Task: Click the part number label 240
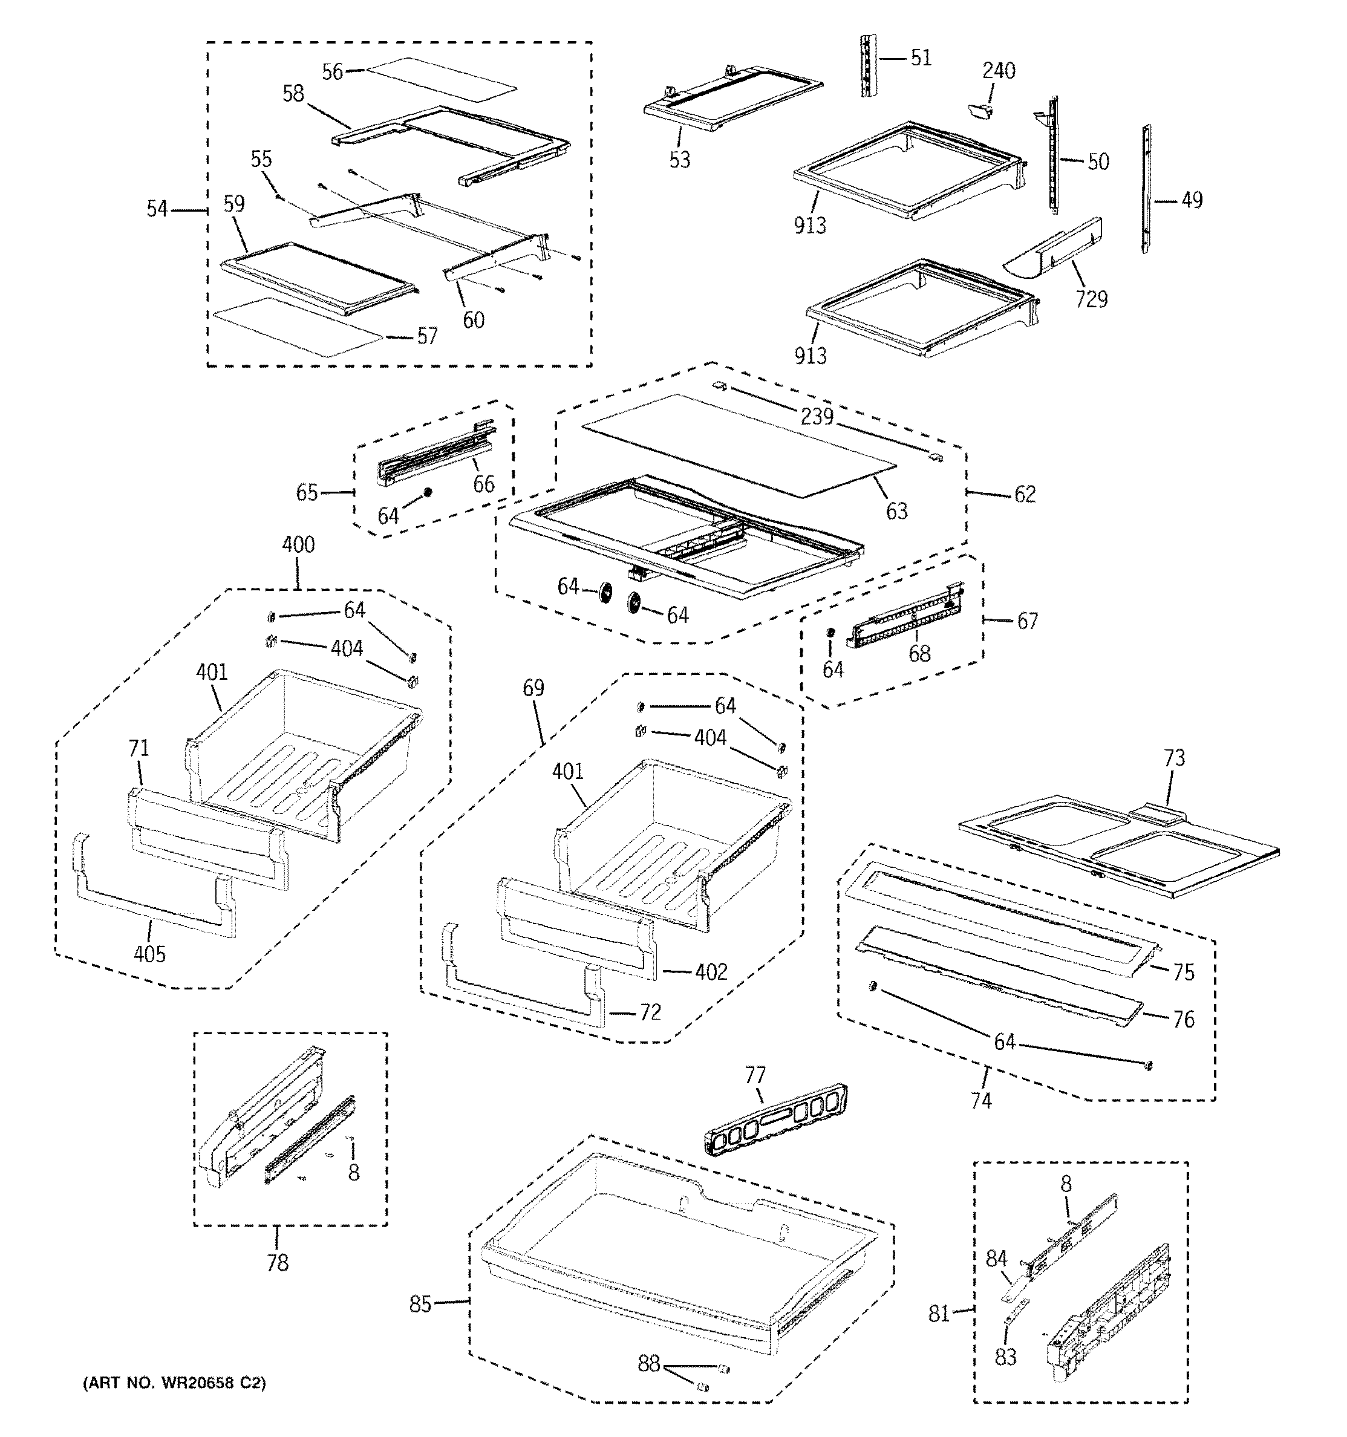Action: [999, 71]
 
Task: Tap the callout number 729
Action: [1091, 299]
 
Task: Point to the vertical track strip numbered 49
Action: [1146, 189]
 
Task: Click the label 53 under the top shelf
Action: [680, 160]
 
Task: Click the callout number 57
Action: [427, 336]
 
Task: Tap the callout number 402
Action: [711, 973]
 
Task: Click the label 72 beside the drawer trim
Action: [650, 1012]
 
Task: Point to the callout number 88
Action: [648, 1363]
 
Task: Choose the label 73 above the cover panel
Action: [1174, 758]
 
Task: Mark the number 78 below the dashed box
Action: [278, 1263]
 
